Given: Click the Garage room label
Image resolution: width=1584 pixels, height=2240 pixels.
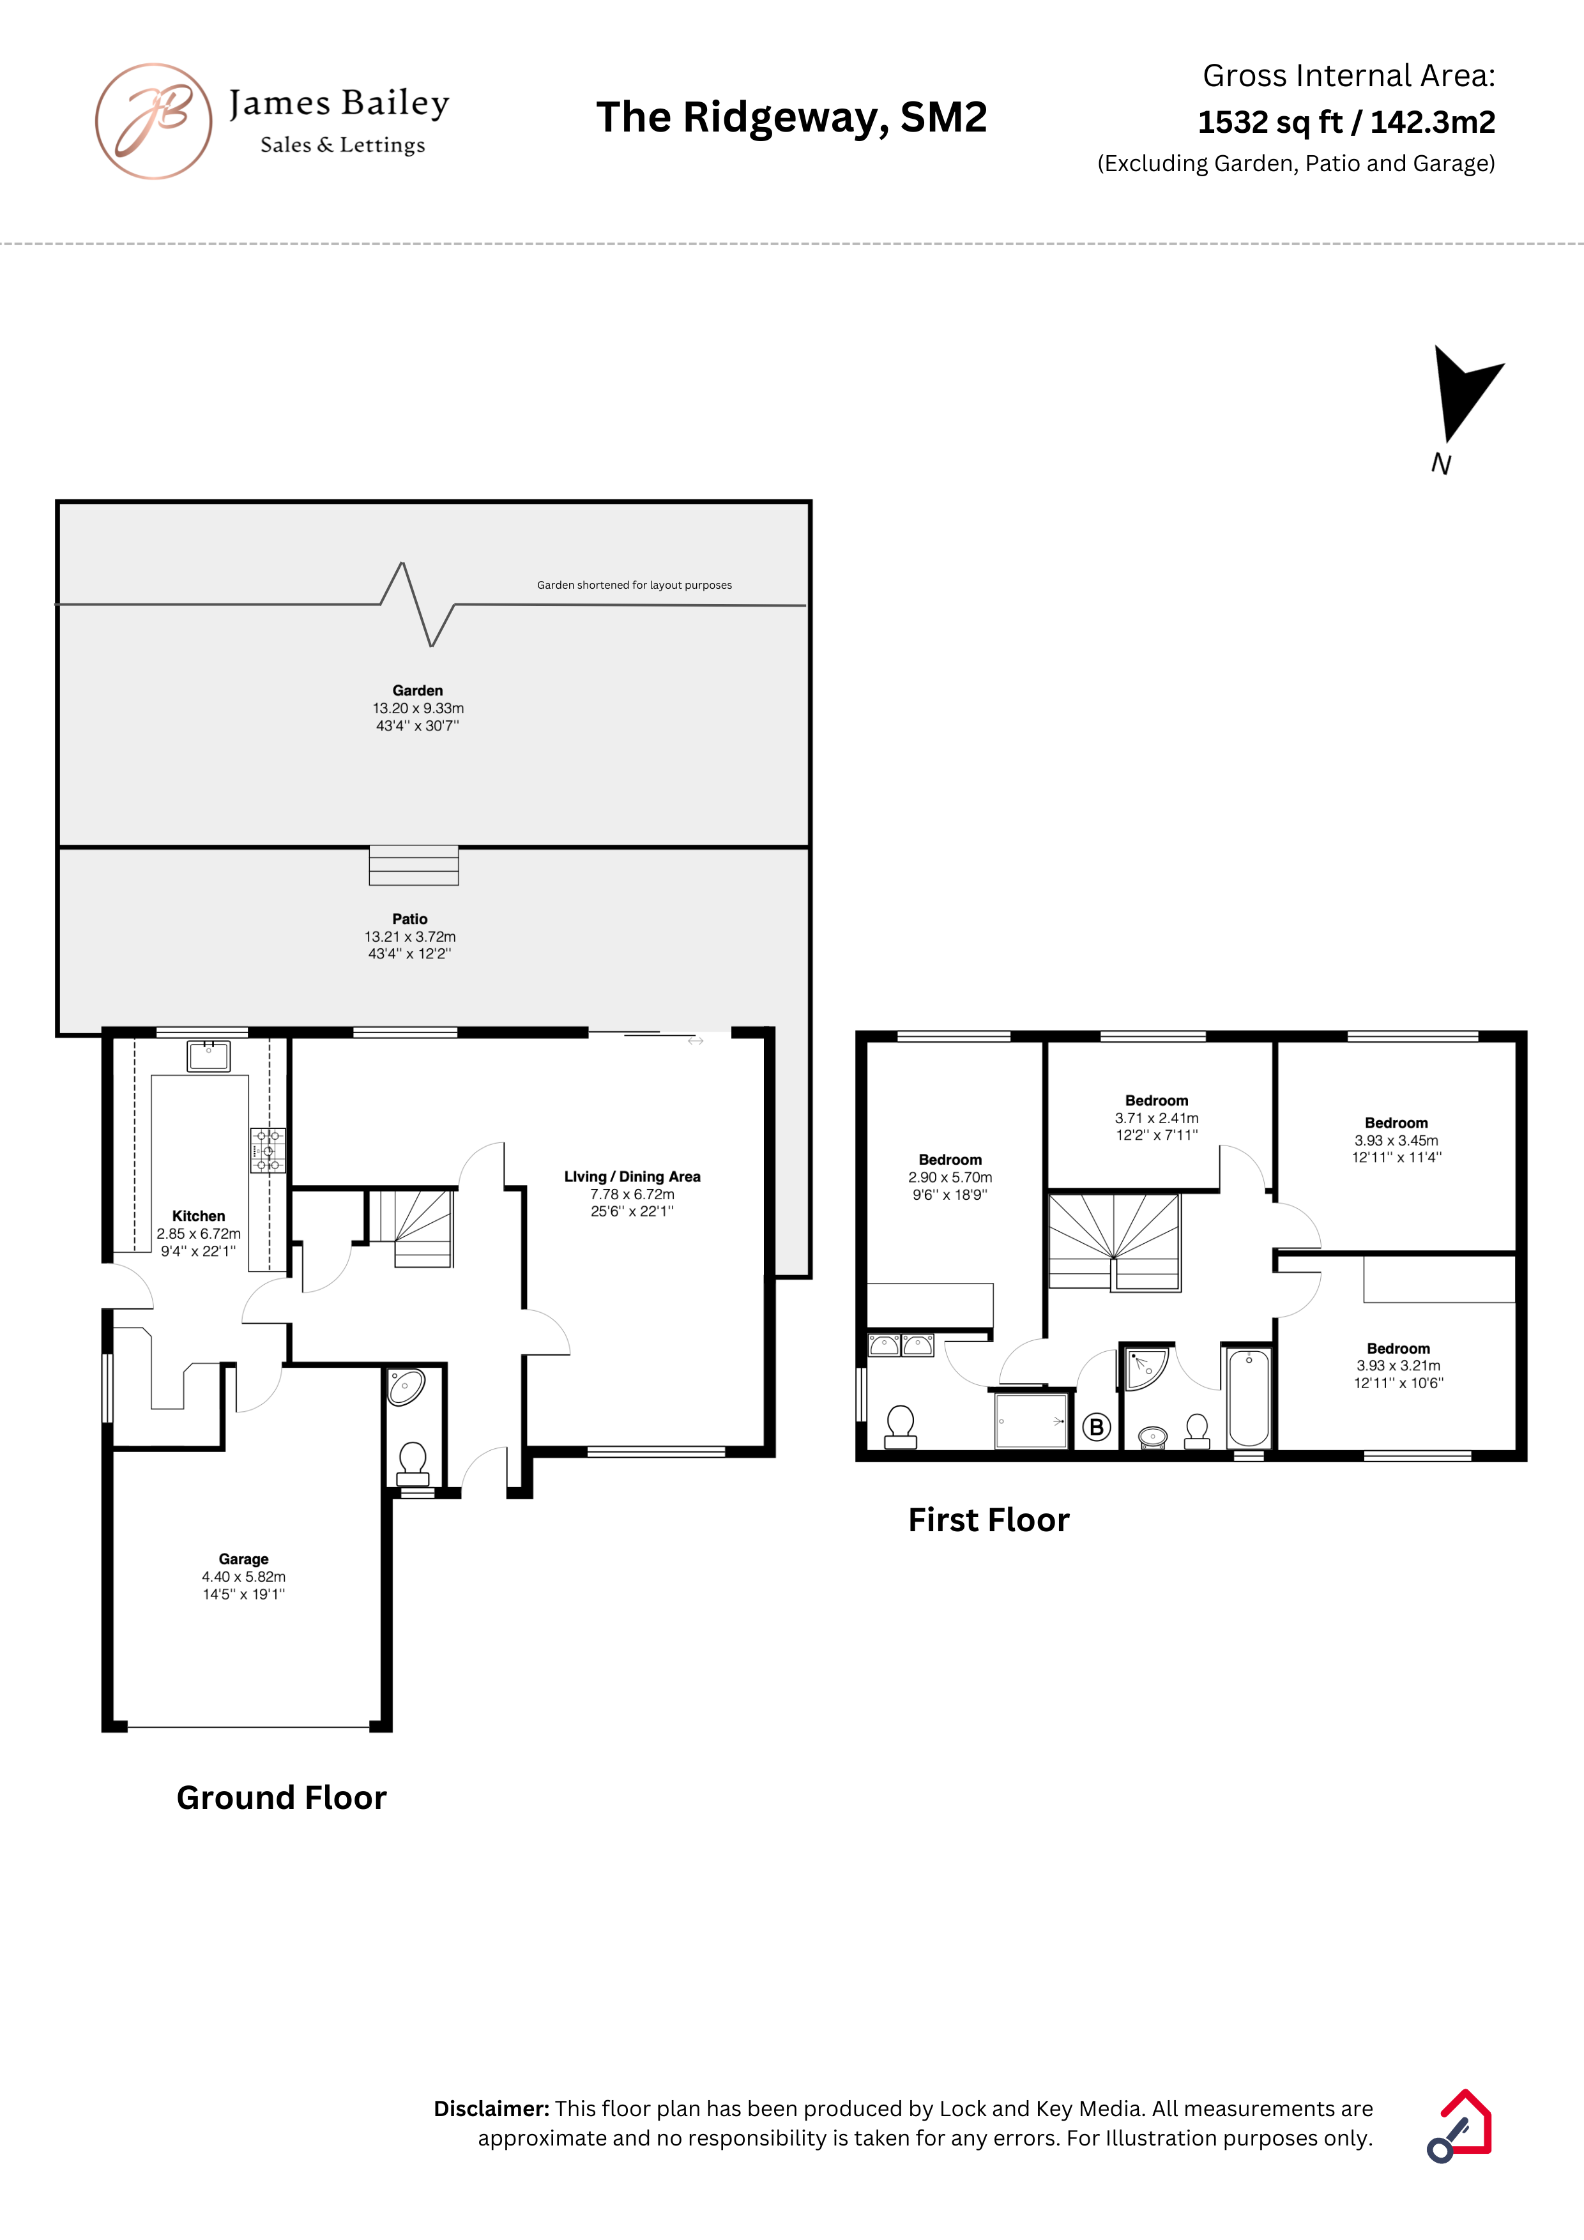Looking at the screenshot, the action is click(243, 1559).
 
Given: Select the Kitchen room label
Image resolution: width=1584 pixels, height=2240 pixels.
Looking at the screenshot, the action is click(198, 1216).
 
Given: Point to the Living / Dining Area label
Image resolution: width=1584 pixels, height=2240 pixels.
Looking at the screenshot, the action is click(632, 1177).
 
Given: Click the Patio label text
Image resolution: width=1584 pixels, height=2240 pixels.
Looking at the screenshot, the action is click(410, 919).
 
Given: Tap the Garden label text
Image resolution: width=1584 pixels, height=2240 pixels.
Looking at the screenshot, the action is click(418, 691).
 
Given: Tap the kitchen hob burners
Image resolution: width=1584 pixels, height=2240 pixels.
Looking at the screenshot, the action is click(268, 1150).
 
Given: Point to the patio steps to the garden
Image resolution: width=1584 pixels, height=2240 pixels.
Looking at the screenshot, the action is click(414, 865).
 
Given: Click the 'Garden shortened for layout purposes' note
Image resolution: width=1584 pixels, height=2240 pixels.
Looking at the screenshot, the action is click(634, 586).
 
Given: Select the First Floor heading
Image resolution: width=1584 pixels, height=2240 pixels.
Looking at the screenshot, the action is click(989, 1520).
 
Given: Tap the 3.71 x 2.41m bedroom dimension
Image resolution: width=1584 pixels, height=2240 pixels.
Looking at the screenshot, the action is click(1157, 1118).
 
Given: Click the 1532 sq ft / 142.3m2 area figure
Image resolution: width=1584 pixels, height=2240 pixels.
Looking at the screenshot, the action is click(1347, 122).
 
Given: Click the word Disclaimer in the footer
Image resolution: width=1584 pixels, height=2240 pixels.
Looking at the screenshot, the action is click(492, 2108).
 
